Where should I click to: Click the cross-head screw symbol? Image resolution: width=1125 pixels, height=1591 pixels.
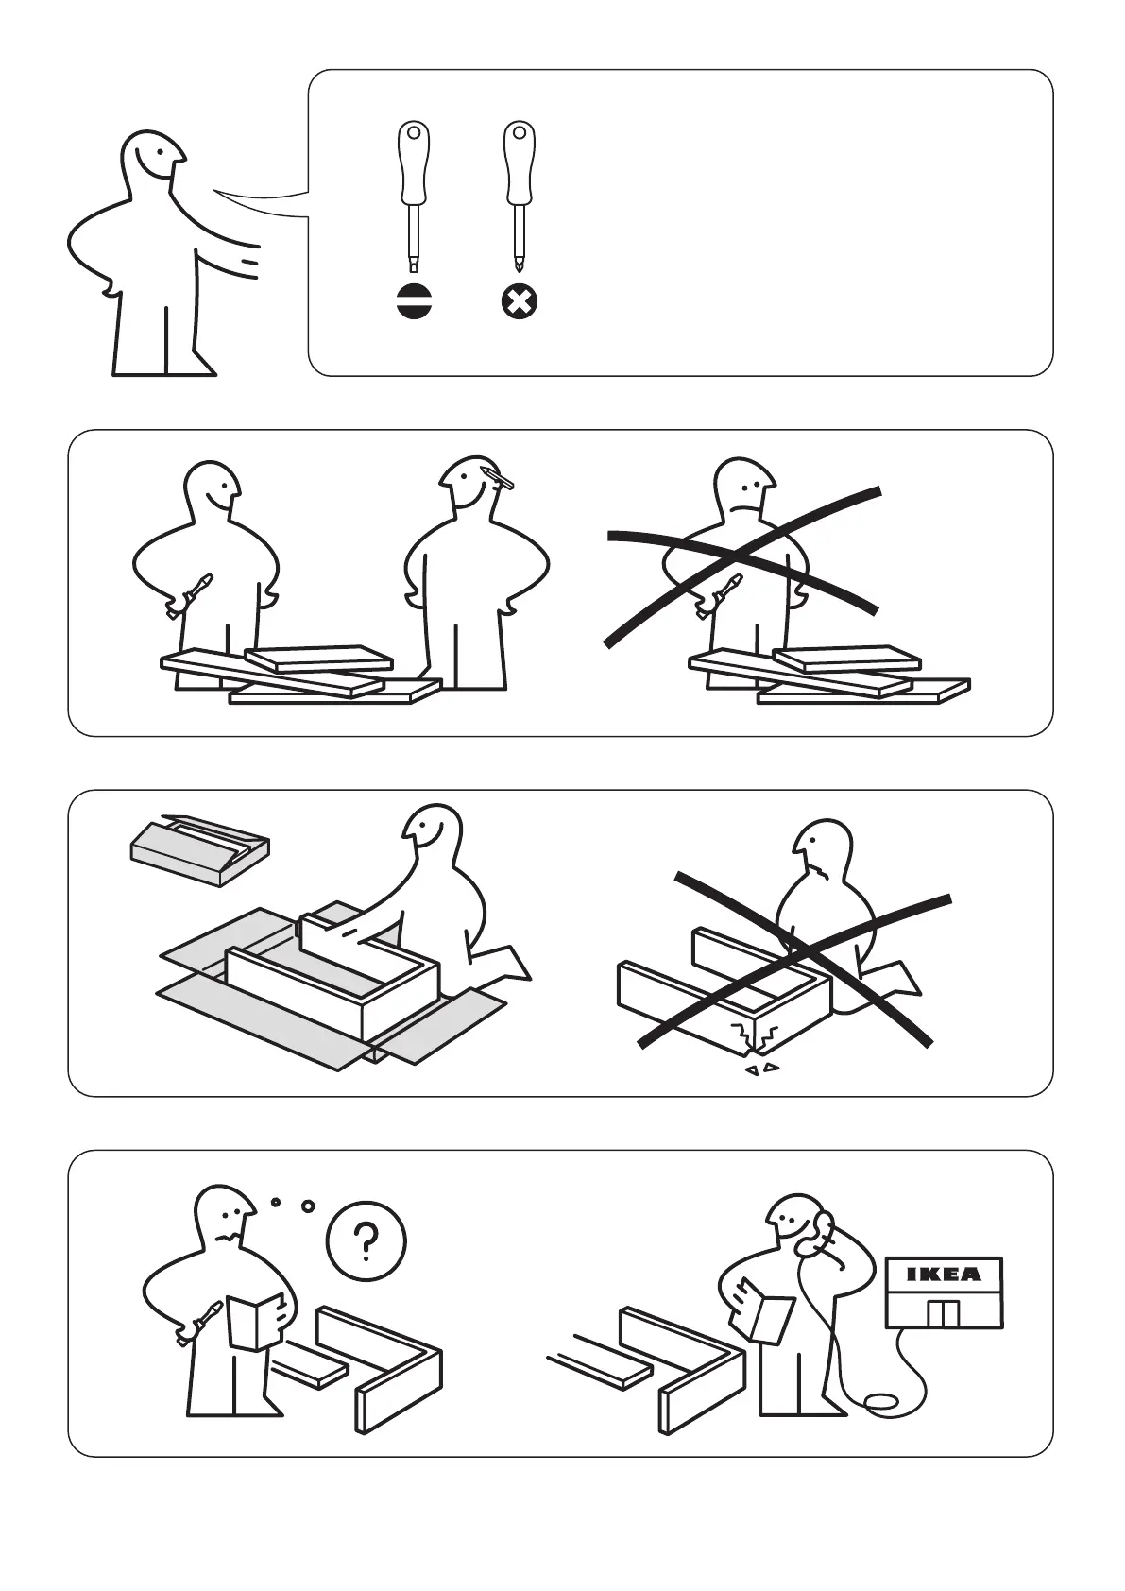(x=520, y=303)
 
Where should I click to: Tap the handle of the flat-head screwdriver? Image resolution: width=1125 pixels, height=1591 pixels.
(x=414, y=164)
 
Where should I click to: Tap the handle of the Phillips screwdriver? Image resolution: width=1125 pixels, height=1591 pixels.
(x=520, y=164)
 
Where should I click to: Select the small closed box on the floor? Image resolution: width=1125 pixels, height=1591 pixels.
(x=200, y=849)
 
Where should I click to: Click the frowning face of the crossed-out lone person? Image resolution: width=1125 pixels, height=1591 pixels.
(x=745, y=497)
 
